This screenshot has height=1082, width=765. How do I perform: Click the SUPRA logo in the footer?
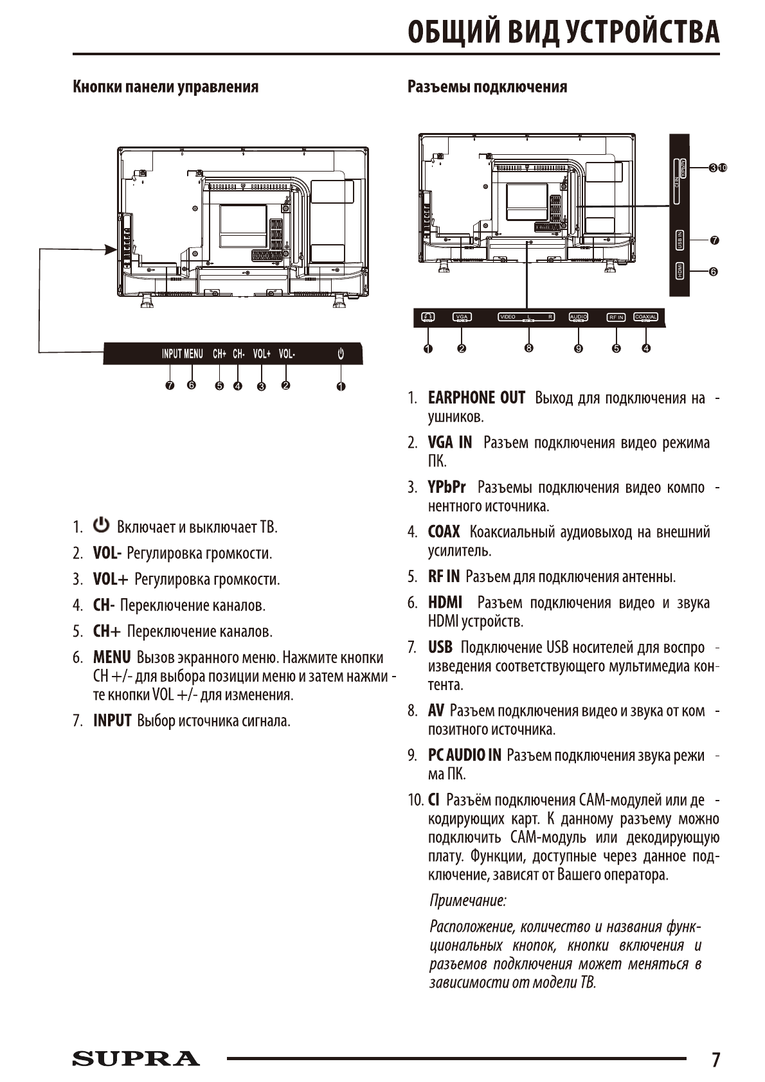coord(136,1058)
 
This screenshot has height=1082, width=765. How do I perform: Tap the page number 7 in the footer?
coord(715,1059)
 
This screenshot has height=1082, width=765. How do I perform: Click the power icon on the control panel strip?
coord(341,353)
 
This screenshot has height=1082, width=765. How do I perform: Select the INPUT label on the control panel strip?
coord(172,354)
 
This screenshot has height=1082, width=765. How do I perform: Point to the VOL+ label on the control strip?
coord(262,354)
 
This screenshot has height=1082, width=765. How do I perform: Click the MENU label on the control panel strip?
coord(194,354)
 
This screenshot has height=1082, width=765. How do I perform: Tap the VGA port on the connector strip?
coord(462,317)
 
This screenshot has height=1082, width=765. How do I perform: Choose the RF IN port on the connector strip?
coord(616,317)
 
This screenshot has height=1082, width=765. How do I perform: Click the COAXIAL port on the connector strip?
coord(645,317)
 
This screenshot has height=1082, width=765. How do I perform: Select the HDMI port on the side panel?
coord(679,271)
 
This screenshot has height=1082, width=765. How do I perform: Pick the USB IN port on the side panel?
coord(679,240)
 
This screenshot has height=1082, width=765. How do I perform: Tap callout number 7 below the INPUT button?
coord(170,386)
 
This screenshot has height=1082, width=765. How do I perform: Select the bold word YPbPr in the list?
coord(447,487)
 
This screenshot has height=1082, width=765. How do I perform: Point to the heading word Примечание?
coord(467,900)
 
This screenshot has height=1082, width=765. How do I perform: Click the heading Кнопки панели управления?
coord(166,87)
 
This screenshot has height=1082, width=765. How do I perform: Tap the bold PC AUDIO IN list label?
coord(464,755)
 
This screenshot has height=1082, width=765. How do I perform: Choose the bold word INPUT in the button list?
coord(112,721)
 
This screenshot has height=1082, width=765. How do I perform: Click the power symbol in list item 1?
coord(102,526)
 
